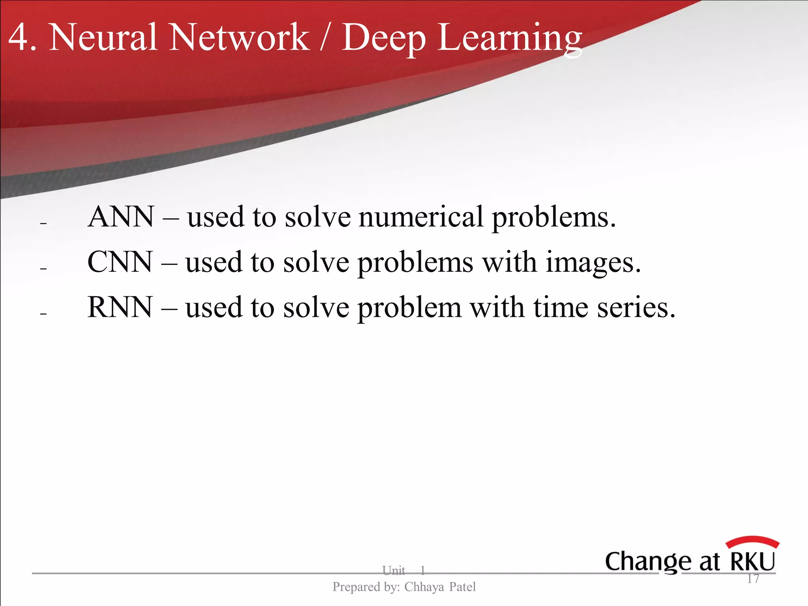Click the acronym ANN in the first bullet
(121, 217)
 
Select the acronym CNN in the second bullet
(120, 262)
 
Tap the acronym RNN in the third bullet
(120, 308)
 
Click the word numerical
(421, 217)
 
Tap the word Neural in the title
(103, 37)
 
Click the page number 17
(753, 579)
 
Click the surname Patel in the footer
(462, 587)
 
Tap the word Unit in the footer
(393, 570)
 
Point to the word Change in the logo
(648, 562)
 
